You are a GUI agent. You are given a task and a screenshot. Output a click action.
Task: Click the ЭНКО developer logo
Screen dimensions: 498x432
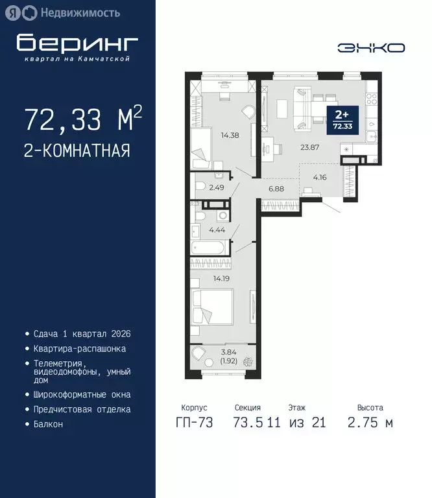(x=371, y=47)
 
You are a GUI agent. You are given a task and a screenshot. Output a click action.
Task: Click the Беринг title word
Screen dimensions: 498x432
(x=78, y=43)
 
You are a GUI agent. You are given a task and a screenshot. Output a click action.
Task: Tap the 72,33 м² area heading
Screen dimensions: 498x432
(x=83, y=120)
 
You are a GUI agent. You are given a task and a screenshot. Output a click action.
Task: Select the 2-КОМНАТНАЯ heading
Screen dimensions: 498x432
(x=77, y=151)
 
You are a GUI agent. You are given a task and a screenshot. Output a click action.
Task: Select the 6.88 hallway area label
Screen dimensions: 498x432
(x=277, y=188)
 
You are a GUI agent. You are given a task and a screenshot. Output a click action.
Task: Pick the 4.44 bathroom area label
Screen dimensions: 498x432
(x=217, y=229)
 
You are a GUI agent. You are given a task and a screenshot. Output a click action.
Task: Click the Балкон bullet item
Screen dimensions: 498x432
(x=48, y=424)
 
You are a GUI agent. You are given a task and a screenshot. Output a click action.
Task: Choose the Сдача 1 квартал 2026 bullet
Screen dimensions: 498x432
(x=82, y=333)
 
